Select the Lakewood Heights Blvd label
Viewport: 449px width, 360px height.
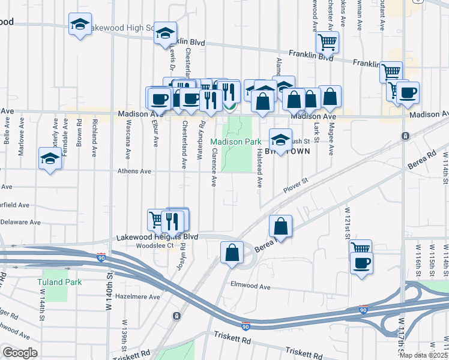tap(157, 236)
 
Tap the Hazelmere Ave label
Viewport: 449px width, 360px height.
tap(139, 296)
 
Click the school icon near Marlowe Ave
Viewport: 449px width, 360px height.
tap(50, 158)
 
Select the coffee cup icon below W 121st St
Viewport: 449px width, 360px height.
tap(361, 263)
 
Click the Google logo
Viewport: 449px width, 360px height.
tap(20, 353)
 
